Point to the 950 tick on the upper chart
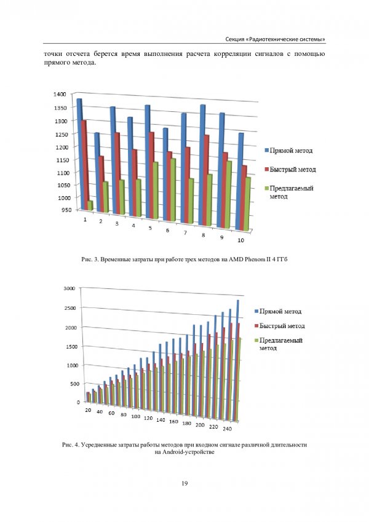click(x=61, y=210)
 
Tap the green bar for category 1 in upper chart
click(x=90, y=205)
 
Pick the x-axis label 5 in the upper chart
click(x=150, y=228)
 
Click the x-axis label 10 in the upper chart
click(x=241, y=239)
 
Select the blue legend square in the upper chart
click(x=267, y=151)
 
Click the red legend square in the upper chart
click(x=267, y=169)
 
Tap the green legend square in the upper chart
click(x=267, y=188)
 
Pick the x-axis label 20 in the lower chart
click(x=89, y=410)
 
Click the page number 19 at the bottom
click(x=184, y=484)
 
